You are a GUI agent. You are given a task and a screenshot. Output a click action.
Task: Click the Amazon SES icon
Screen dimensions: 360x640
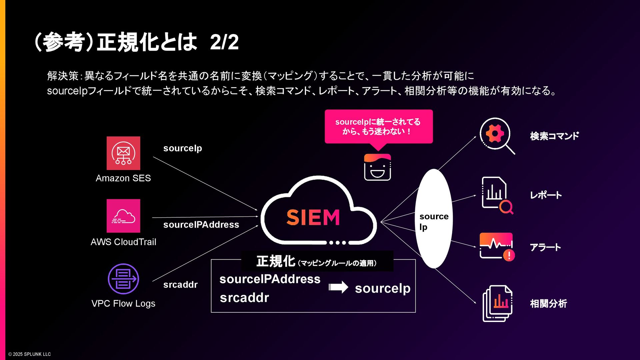click(123, 153)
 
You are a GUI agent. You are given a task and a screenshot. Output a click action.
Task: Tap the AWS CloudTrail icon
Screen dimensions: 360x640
click(123, 216)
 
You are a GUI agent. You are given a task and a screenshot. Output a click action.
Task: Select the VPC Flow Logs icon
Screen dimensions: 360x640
click(123, 279)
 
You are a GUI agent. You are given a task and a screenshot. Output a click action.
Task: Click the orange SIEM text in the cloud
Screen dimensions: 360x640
click(313, 217)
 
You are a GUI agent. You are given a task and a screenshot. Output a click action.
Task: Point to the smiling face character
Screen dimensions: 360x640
click(377, 167)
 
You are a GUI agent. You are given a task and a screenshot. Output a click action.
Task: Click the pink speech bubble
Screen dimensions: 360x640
click(379, 126)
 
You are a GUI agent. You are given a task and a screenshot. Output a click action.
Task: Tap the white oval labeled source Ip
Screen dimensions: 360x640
click(434, 218)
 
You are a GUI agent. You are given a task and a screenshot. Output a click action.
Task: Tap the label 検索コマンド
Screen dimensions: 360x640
click(554, 136)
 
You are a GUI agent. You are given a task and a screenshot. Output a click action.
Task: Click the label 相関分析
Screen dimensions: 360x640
click(548, 304)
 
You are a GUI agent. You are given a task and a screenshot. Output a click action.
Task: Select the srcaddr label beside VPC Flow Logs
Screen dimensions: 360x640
click(180, 285)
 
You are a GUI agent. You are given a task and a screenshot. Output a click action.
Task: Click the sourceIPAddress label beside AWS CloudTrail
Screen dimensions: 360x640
click(201, 225)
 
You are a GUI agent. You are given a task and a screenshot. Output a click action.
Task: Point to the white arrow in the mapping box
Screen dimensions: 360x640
click(338, 287)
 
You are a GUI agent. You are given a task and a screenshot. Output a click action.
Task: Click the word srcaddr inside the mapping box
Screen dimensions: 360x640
click(244, 298)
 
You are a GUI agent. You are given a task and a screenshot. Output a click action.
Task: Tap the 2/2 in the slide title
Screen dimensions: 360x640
click(224, 42)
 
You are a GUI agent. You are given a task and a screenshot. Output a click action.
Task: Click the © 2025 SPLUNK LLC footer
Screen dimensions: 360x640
click(30, 354)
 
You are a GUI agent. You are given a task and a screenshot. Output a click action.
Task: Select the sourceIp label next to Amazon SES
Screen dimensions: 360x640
click(183, 148)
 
